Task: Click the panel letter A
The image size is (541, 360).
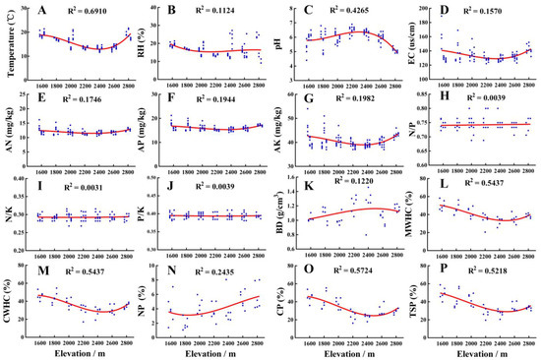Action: [x=41, y=13]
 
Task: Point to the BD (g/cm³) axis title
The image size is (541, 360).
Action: [x=281, y=219]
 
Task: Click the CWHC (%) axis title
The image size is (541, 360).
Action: [x=8, y=305]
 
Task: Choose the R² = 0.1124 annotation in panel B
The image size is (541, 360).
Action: [x=224, y=12]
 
